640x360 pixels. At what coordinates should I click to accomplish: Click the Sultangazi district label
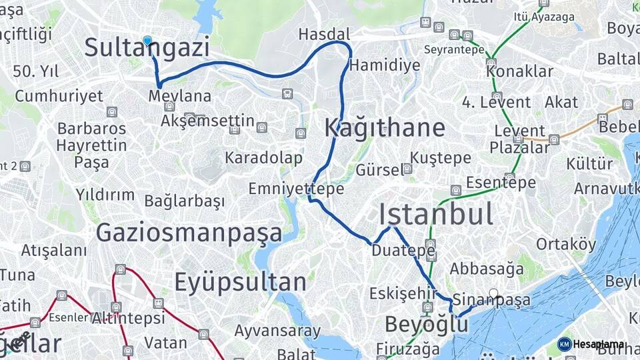(x=147, y=48)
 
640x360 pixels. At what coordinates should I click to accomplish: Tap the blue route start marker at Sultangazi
(x=147, y=40)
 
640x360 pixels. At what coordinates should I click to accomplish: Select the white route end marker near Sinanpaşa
(x=493, y=293)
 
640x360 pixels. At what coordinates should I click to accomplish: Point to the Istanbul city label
(x=436, y=214)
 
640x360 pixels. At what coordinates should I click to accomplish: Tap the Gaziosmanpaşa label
(x=189, y=233)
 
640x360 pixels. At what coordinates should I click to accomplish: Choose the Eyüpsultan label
(x=240, y=282)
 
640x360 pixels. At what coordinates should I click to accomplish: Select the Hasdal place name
(x=324, y=34)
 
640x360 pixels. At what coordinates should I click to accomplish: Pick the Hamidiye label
(x=385, y=65)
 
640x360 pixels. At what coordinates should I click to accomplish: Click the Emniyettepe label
(x=296, y=189)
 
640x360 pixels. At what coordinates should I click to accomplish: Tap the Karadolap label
(x=263, y=158)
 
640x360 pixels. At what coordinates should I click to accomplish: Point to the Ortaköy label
(x=566, y=244)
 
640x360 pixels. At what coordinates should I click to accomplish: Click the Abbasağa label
(x=487, y=269)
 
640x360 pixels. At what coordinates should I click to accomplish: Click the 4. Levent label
(x=497, y=102)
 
